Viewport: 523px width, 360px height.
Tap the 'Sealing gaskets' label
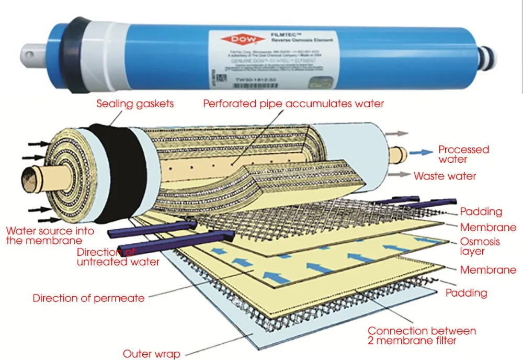pyautogui.click(x=135, y=104)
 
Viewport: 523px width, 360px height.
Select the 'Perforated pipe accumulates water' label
pyautogui.click(x=293, y=104)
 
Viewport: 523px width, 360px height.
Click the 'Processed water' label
pyautogui.click(x=463, y=154)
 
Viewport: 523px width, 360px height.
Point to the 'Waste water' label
pyautogui.click(x=445, y=176)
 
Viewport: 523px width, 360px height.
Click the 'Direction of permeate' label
pyautogui.click(x=88, y=298)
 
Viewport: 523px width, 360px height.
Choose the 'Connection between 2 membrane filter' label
pyautogui.click(x=422, y=335)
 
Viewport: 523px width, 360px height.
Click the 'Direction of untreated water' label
pyautogui.click(x=118, y=257)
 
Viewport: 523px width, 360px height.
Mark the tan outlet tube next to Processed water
pyautogui.click(x=400, y=153)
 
